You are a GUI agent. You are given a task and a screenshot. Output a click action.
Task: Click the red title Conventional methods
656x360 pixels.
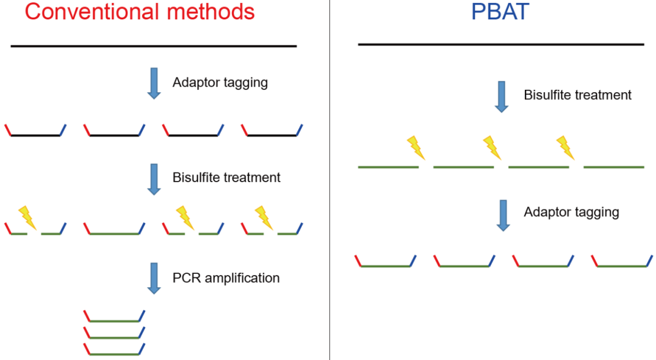[140, 12]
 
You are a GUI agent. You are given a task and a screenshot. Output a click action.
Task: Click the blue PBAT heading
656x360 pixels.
[501, 12]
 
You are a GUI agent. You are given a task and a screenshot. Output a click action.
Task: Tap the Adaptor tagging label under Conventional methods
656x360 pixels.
[220, 83]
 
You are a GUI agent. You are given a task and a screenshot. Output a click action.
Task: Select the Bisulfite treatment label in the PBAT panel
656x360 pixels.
[578, 95]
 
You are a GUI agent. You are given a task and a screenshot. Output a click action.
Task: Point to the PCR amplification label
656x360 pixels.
[226, 278]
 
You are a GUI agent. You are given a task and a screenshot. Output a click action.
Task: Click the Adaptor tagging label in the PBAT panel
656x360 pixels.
[572, 212]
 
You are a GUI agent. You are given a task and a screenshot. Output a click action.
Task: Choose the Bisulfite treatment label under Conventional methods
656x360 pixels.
[227, 177]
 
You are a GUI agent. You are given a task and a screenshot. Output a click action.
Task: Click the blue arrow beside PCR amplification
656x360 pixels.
[154, 278]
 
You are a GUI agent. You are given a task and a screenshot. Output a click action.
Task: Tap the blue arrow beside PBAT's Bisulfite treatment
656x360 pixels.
[502, 97]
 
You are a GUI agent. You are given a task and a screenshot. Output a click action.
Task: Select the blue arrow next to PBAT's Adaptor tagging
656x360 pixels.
[504, 216]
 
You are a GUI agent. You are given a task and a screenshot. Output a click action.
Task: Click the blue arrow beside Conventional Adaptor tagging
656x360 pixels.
[154, 83]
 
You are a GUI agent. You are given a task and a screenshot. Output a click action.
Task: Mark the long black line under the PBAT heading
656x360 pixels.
[501, 44]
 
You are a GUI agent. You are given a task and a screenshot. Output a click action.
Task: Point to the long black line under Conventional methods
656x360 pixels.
[154, 46]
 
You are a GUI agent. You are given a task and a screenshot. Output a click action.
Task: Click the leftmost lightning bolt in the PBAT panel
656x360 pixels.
[416, 148]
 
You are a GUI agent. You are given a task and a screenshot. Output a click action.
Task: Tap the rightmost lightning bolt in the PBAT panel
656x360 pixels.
[565, 148]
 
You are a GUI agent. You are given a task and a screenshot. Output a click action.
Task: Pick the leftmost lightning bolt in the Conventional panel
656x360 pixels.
[27, 218]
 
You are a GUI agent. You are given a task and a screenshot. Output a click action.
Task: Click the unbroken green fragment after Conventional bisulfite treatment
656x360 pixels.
[114, 233]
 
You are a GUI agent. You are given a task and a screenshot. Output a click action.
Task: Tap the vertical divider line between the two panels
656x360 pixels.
[330, 180]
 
